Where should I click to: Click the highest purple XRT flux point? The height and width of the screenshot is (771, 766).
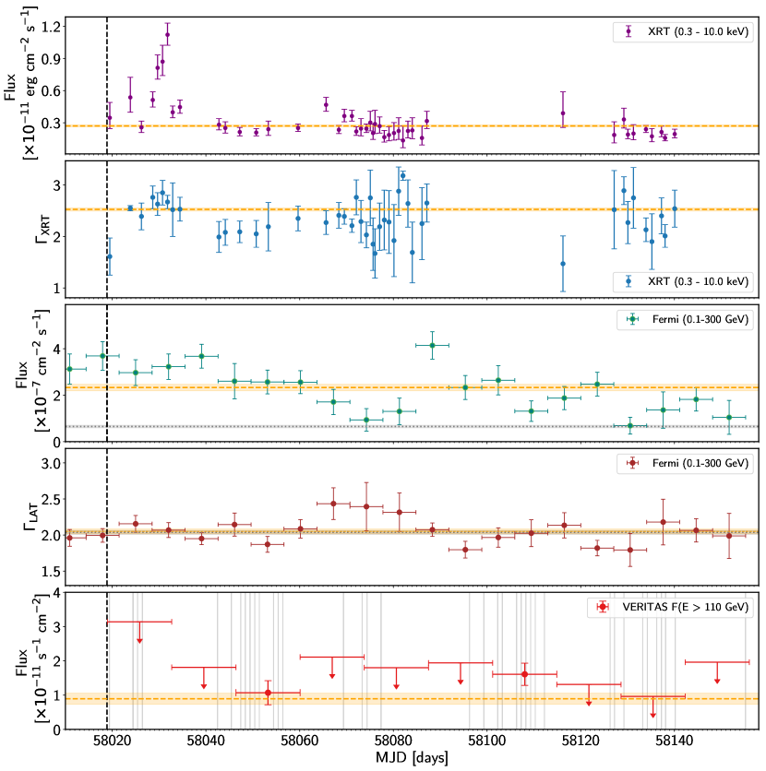[x=167, y=35]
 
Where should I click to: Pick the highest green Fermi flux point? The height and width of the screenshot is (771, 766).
[x=432, y=345]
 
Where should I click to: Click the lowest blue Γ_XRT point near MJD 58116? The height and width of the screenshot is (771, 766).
[x=563, y=263]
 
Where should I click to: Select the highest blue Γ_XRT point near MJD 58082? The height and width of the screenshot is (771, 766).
[x=403, y=175]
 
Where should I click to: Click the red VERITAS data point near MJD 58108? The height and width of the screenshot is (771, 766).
[x=524, y=674]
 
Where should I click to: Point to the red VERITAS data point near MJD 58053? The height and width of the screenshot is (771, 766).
[x=268, y=692]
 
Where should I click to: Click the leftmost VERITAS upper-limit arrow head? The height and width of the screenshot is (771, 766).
[x=139, y=640]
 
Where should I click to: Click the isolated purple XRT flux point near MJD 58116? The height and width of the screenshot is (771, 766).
[x=563, y=113]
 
